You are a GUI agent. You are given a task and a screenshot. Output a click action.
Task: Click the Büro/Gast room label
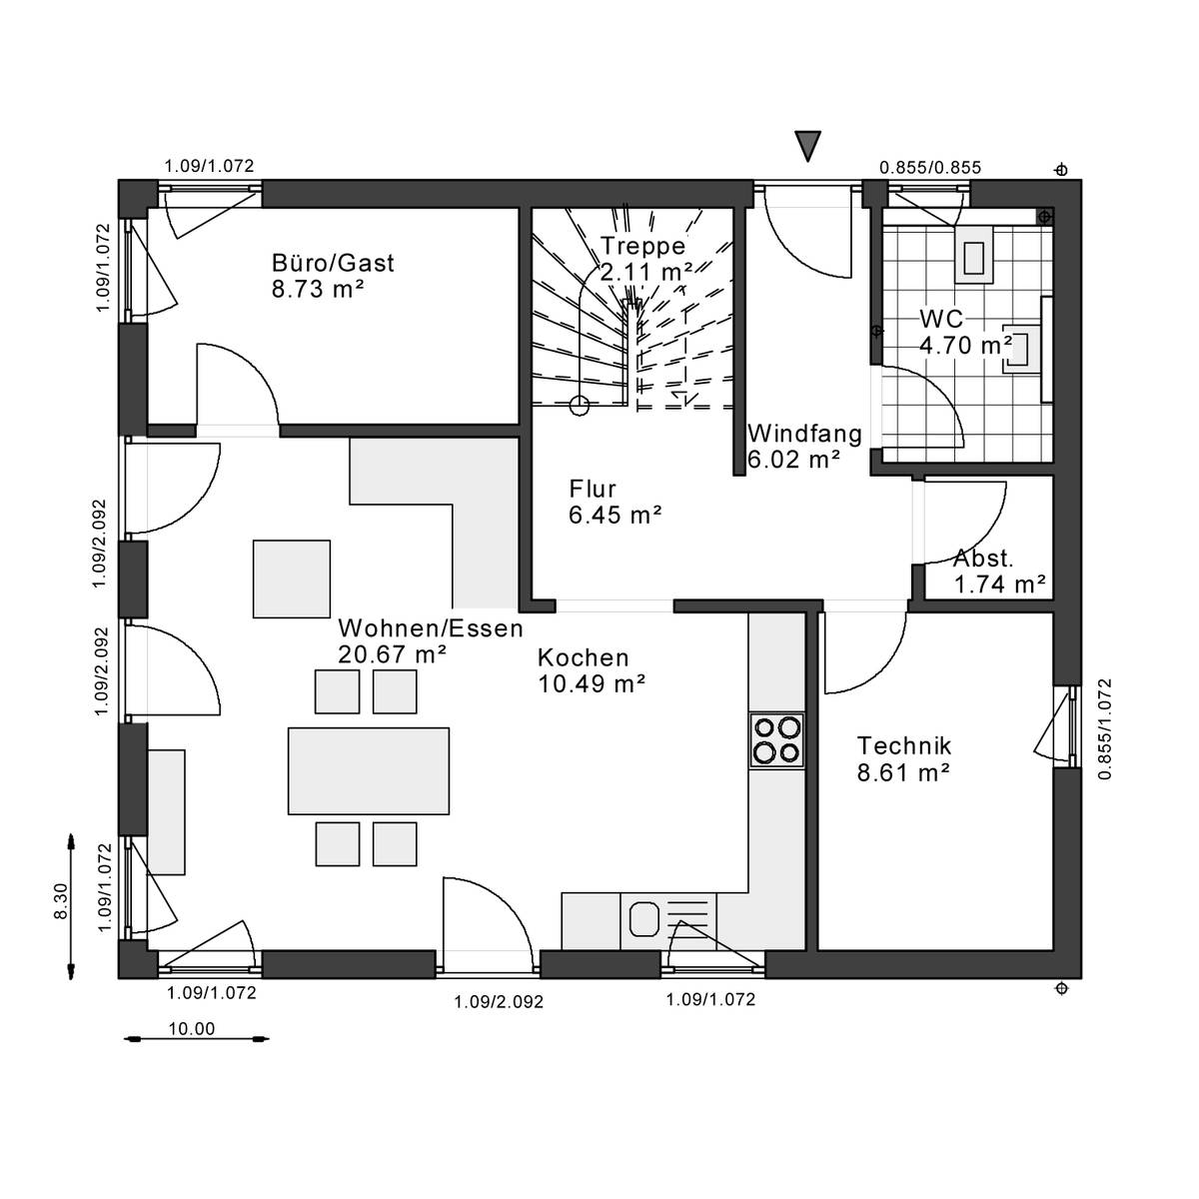pyautogui.click(x=333, y=263)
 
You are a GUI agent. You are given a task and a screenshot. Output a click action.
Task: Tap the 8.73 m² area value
pyautogui.click(x=318, y=290)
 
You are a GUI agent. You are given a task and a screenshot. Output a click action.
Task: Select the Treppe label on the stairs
pyautogui.click(x=642, y=246)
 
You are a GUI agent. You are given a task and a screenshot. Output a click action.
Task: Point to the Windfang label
pyautogui.click(x=804, y=433)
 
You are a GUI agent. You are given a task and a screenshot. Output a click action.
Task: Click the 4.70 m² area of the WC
pyautogui.click(x=965, y=346)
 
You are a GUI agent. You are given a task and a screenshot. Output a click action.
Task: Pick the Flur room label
pyautogui.click(x=593, y=489)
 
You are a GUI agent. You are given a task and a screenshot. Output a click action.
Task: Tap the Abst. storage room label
pyautogui.click(x=983, y=559)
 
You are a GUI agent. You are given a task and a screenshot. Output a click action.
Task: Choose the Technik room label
pyautogui.click(x=904, y=745)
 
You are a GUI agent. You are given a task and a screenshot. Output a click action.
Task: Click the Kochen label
pyautogui.click(x=583, y=657)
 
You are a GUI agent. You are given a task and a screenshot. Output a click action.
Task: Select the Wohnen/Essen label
pyautogui.click(x=431, y=628)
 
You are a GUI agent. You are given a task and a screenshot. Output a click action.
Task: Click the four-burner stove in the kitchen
pyautogui.click(x=776, y=740)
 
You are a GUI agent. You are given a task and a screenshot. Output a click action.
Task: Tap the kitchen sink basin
pyautogui.click(x=644, y=920)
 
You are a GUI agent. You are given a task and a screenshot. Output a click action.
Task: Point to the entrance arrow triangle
pyautogui.click(x=807, y=144)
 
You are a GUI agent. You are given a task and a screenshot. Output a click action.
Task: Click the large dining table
pyautogui.click(x=369, y=771)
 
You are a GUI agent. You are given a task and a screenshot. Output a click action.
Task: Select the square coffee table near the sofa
pyautogui.click(x=291, y=579)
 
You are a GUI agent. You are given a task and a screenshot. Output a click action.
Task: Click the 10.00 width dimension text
pyautogui.click(x=192, y=1028)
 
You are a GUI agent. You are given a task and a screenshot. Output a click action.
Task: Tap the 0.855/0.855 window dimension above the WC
pyautogui.click(x=930, y=168)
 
